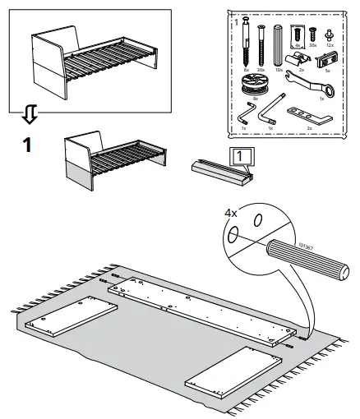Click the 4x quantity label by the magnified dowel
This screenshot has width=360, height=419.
(x=231, y=213)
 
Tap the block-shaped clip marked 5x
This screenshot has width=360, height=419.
(x=326, y=60)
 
